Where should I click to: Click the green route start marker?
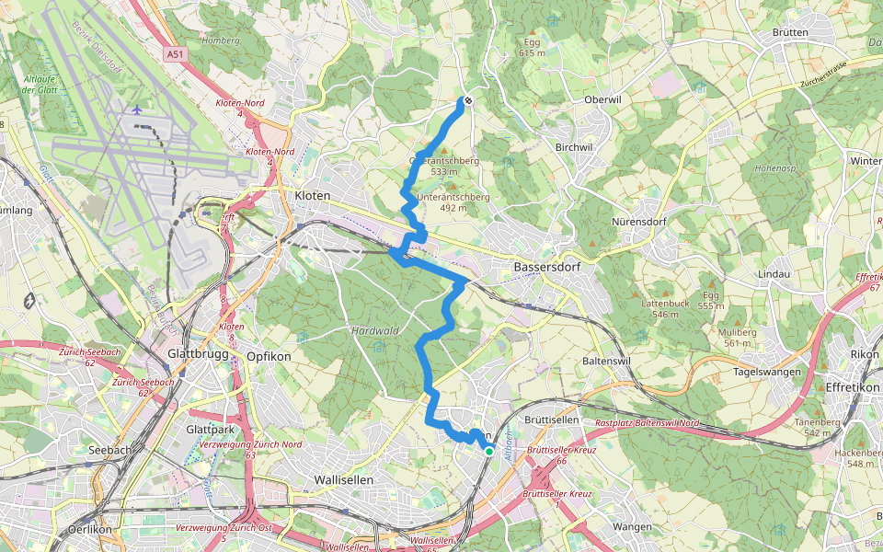[489, 451]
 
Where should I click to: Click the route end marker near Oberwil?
[468, 100]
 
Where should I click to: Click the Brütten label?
[791, 32]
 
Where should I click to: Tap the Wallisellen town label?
[343, 479]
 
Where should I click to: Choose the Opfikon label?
[269, 356]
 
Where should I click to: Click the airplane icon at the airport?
[137, 109]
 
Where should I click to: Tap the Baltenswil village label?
[606, 361]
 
